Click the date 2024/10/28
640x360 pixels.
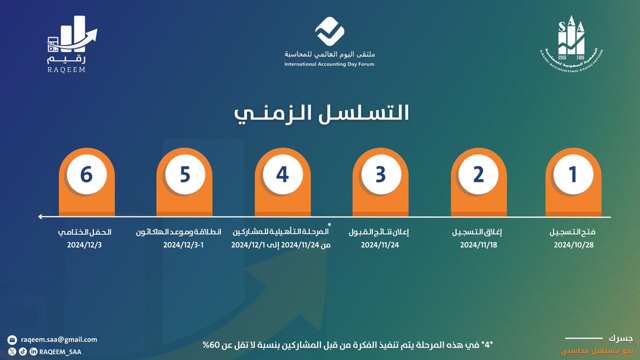click(x=573, y=245)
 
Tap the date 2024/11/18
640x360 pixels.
click(x=478, y=245)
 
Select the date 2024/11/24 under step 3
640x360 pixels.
click(x=380, y=245)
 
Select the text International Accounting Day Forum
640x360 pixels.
click(x=329, y=64)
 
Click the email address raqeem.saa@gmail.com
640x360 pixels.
click(x=59, y=339)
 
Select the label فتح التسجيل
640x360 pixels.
click(x=573, y=233)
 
